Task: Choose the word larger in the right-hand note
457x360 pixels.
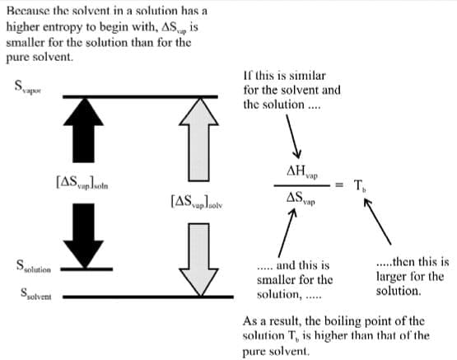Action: pos(391,278)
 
